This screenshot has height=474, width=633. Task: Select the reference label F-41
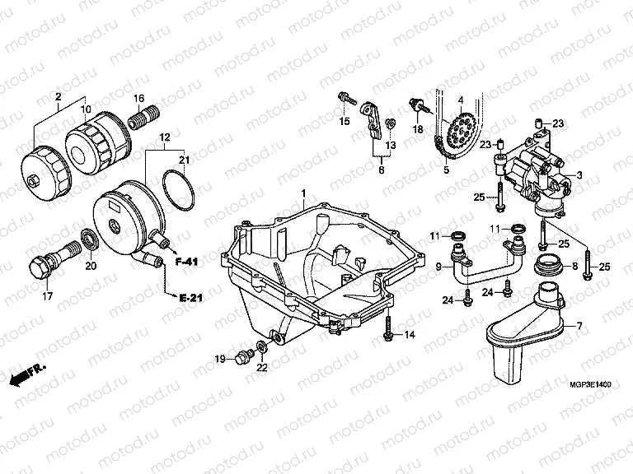coord(189,262)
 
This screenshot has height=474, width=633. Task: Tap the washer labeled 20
coord(88,241)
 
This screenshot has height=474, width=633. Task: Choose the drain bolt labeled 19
coord(241,356)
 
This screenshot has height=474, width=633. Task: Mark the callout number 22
coord(261,368)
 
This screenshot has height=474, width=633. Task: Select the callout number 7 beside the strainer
coord(579,327)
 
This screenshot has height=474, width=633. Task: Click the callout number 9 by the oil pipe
coord(438,266)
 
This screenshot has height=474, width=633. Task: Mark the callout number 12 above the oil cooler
coord(164,137)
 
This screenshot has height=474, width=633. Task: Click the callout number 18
coord(418,129)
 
